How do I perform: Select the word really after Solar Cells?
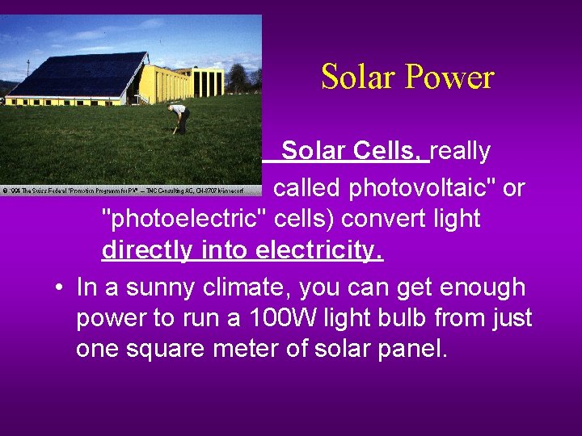461,151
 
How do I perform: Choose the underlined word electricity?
319,250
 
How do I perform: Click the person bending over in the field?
180,118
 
